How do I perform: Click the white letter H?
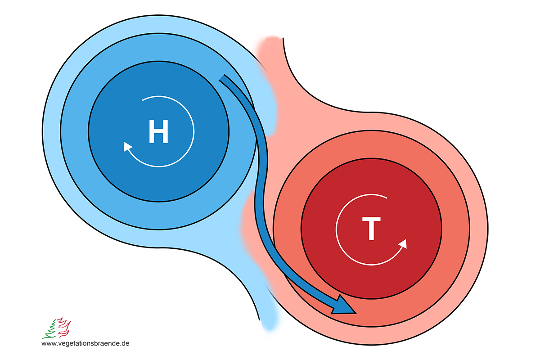(158, 132)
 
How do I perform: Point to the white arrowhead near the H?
(128, 147)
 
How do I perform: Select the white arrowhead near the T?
(402, 244)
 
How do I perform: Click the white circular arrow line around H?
(194, 130)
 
